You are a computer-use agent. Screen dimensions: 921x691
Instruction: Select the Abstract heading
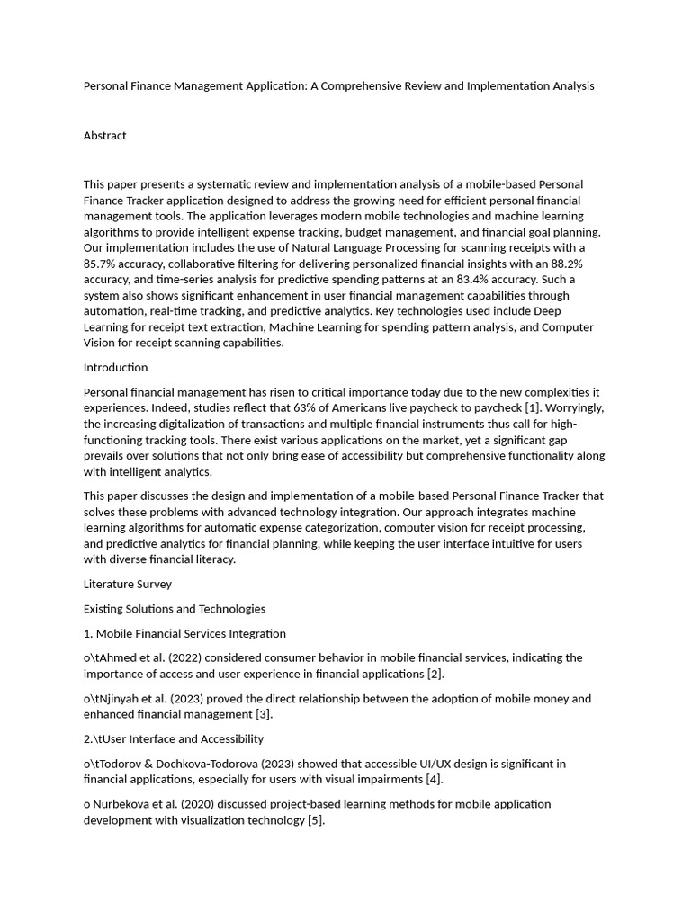(x=105, y=136)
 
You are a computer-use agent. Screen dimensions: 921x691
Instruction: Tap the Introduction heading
(x=115, y=368)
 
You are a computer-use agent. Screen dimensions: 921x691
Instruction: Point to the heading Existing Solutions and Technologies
(x=174, y=610)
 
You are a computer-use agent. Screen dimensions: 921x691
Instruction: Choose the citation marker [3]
(x=262, y=715)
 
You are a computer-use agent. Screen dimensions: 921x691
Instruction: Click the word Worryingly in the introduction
(x=570, y=408)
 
